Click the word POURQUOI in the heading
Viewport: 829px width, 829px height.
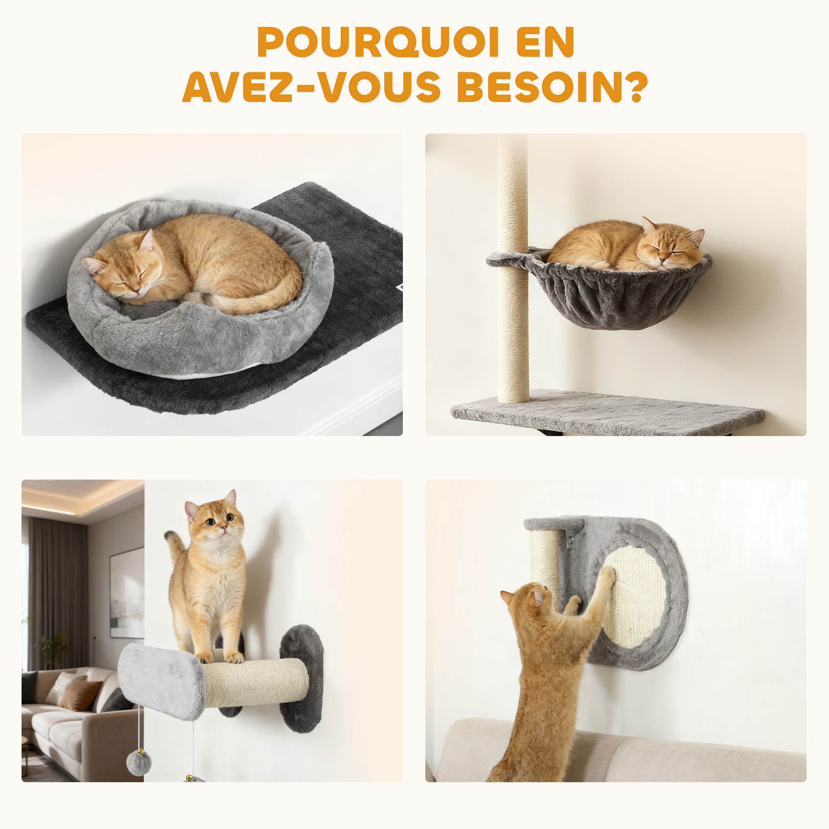(x=378, y=41)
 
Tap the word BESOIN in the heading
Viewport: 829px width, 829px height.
(x=539, y=87)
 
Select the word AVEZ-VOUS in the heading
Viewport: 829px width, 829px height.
(x=312, y=87)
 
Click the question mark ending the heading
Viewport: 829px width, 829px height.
(x=635, y=87)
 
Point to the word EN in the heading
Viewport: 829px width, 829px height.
(x=545, y=41)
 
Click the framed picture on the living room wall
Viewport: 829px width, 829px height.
(x=127, y=592)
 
